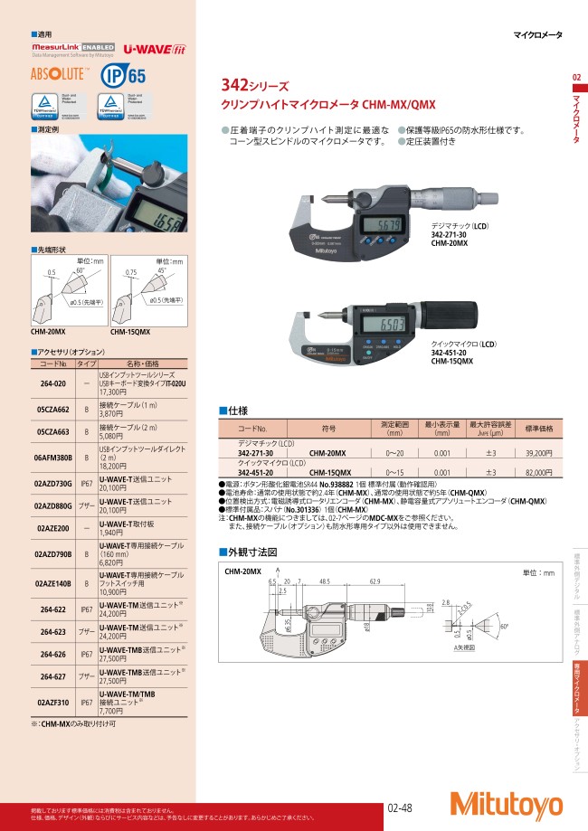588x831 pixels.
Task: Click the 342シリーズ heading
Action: coord(255,88)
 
